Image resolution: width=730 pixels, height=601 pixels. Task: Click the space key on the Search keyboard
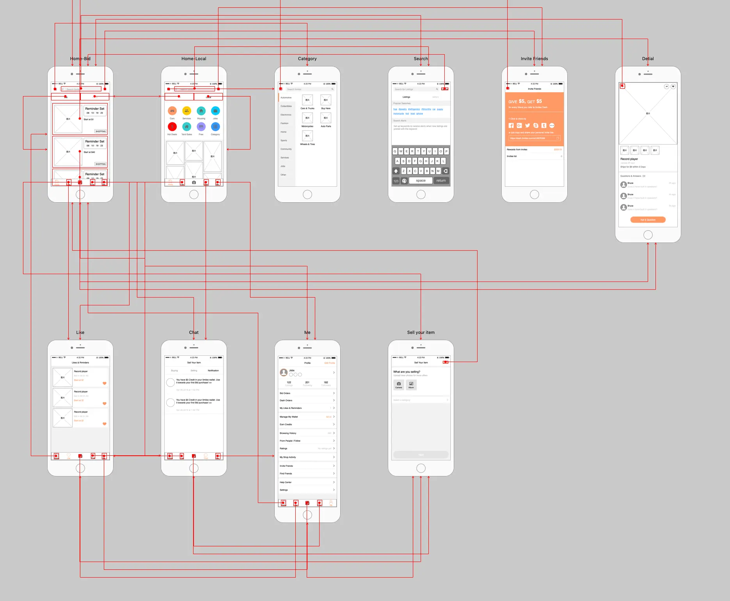[421, 180]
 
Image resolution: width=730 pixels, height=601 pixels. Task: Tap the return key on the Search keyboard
[441, 180]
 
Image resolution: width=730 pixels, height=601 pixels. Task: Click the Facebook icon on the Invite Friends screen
[511, 125]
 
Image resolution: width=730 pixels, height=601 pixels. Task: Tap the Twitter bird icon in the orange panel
[528, 125]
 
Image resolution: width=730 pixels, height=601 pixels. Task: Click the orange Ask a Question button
[648, 220]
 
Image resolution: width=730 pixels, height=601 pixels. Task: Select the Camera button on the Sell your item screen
[399, 385]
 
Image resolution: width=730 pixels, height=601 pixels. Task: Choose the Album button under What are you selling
[411, 385]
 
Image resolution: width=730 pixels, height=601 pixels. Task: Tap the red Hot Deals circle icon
[172, 127]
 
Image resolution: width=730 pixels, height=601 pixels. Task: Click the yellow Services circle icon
[186, 111]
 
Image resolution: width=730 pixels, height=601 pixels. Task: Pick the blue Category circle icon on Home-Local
[215, 127]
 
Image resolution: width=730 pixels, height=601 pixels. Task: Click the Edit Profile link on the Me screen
[330, 363]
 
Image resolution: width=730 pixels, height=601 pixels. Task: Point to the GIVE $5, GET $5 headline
[525, 102]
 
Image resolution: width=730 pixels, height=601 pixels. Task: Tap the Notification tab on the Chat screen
[213, 371]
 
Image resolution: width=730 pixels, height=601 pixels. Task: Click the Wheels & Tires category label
[307, 144]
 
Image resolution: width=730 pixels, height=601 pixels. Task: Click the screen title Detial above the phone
[648, 59]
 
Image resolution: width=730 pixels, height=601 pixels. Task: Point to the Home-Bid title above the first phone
[80, 59]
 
